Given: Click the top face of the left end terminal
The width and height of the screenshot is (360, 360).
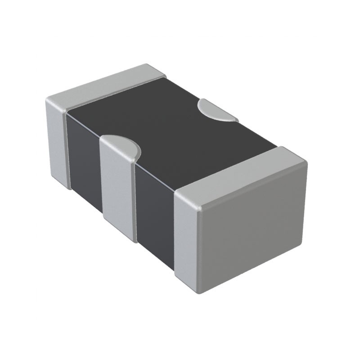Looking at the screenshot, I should [106, 85].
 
